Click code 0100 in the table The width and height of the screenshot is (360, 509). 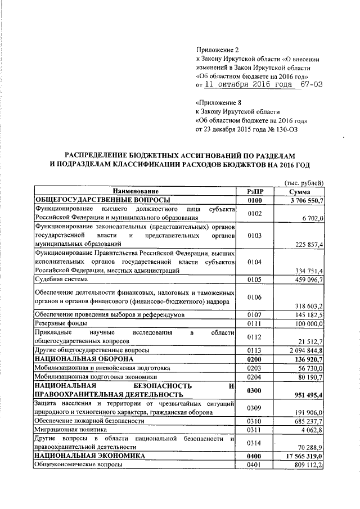coord(255,200)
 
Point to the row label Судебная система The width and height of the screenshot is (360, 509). coord(61,279)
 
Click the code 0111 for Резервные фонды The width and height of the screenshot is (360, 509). coord(255,325)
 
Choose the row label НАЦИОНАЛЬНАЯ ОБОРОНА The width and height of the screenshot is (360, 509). coord(80,358)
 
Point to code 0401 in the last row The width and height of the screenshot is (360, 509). coord(255,465)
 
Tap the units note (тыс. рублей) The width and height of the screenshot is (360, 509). coord(304,183)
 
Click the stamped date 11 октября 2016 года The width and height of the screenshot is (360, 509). coord(255,85)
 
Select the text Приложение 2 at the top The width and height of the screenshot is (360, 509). coord(217,49)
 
